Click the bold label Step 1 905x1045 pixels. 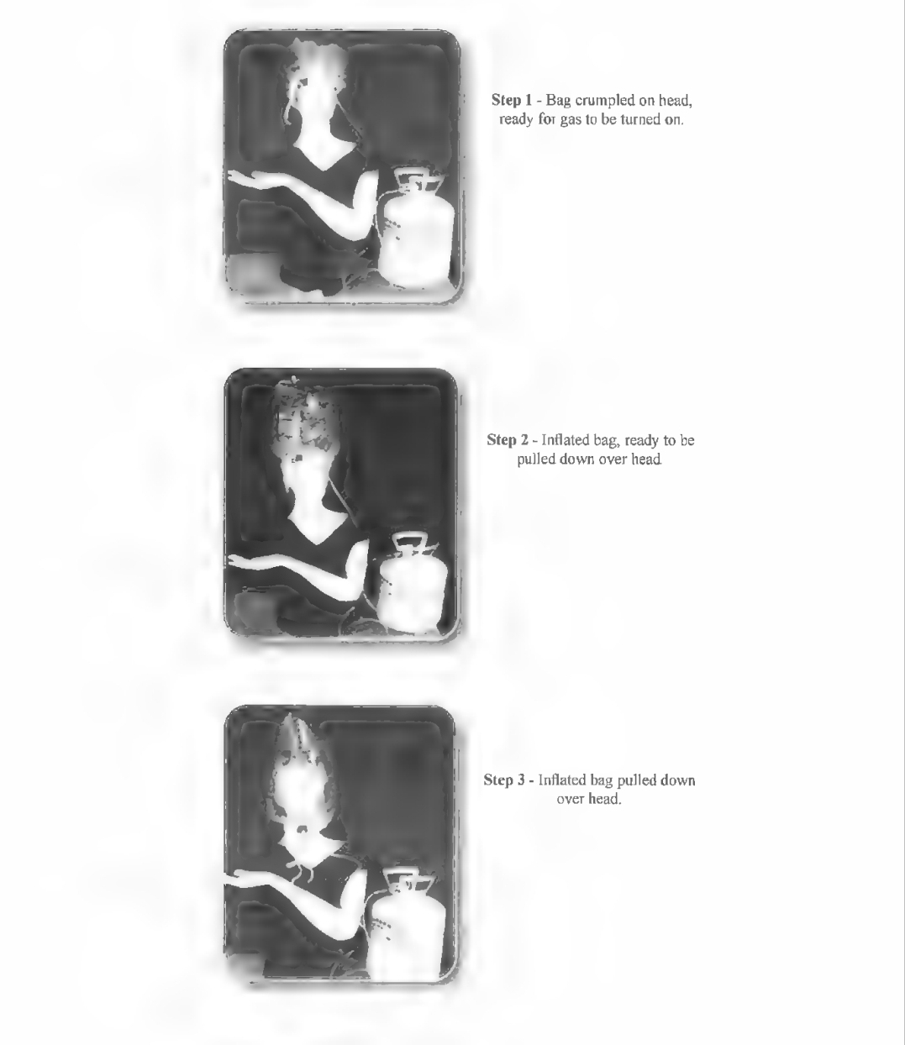tap(512, 100)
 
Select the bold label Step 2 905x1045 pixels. tap(508, 440)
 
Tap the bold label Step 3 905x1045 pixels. tap(504, 780)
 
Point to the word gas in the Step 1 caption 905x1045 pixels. tap(570, 120)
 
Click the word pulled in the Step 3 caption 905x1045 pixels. tap(635, 780)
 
